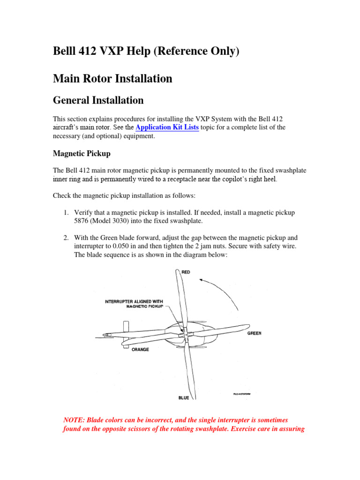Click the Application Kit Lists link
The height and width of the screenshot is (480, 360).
(x=167, y=127)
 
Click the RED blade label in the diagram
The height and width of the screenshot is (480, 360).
(x=186, y=272)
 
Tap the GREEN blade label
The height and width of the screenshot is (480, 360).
(x=255, y=333)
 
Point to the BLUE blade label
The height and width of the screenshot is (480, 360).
(x=184, y=398)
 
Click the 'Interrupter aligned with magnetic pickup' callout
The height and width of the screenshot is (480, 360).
(x=134, y=304)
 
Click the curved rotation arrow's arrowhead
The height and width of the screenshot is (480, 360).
(x=202, y=280)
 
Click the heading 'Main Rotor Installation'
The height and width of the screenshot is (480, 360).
(x=112, y=78)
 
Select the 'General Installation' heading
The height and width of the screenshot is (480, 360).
(x=98, y=100)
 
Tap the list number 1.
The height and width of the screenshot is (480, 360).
(x=66, y=213)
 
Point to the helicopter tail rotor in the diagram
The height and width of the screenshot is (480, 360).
(x=125, y=327)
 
